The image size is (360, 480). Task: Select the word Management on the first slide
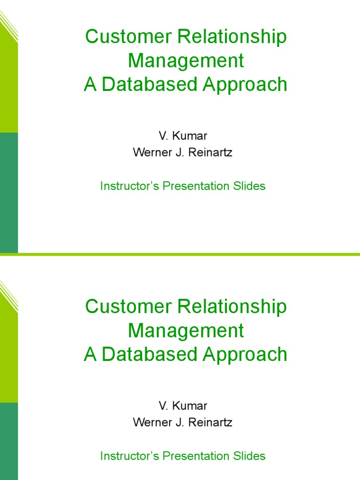point(186,61)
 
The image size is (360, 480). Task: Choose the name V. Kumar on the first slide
point(183,136)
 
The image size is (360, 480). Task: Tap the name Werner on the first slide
point(153,153)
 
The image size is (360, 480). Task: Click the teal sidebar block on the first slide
point(8,192)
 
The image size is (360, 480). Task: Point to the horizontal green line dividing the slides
point(187,255)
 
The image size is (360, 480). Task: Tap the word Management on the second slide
point(186,330)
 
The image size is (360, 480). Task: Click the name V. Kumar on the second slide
point(183,405)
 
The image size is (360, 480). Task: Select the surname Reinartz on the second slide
point(210,422)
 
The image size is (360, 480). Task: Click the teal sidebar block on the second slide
point(8,441)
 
